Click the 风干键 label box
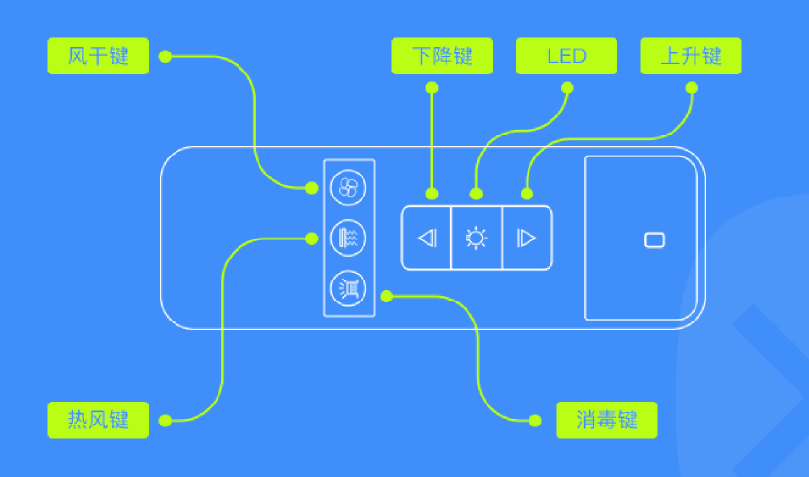click(98, 55)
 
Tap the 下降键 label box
click(442, 55)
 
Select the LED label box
click(567, 55)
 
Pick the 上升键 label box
click(691, 55)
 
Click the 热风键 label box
click(98, 420)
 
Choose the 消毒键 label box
click(607, 420)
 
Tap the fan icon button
click(348, 188)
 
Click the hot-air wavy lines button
click(348, 238)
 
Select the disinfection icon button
click(348, 288)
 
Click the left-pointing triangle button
click(426, 238)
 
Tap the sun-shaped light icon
click(476, 238)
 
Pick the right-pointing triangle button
click(527, 238)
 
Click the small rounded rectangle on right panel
click(654, 240)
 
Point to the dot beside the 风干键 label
click(165, 56)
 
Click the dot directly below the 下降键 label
click(432, 88)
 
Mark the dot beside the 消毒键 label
click(535, 421)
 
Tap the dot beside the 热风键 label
click(165, 421)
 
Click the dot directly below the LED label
click(567, 88)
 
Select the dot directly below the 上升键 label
click(692, 88)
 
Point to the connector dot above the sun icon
click(476, 194)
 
